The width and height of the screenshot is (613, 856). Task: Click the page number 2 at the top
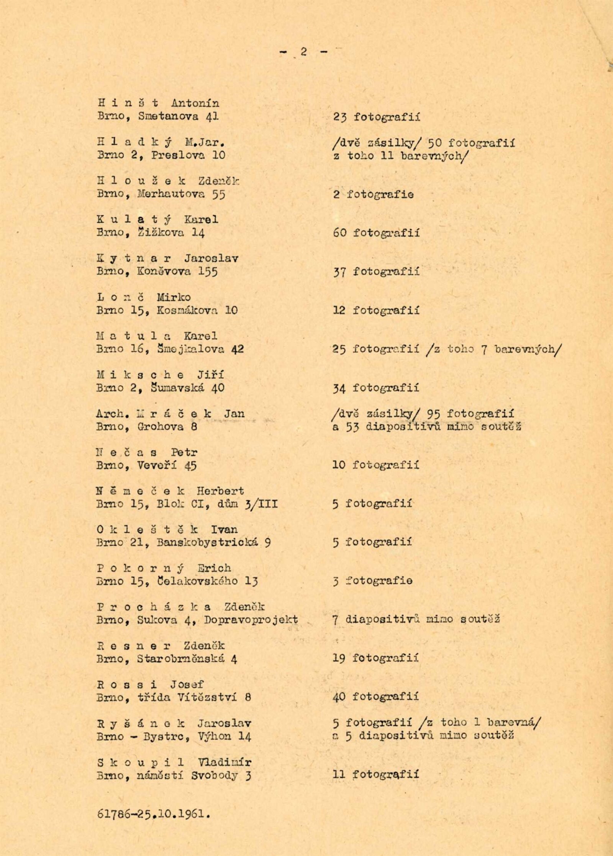coord(303,52)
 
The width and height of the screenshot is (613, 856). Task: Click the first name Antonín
coord(195,103)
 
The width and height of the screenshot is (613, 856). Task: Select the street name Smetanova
coord(169,116)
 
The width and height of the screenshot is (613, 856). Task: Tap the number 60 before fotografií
coord(339,232)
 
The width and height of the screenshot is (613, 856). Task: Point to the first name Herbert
coord(220,491)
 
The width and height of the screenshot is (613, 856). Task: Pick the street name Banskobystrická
coord(207,542)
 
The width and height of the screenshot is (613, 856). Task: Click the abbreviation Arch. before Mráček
coord(113,414)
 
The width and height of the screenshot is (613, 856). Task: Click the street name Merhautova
coord(171,194)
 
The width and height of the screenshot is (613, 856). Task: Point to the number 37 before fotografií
coord(339,272)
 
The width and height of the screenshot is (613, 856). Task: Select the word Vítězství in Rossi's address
coord(207,697)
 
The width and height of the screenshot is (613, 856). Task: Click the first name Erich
coord(214,568)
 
